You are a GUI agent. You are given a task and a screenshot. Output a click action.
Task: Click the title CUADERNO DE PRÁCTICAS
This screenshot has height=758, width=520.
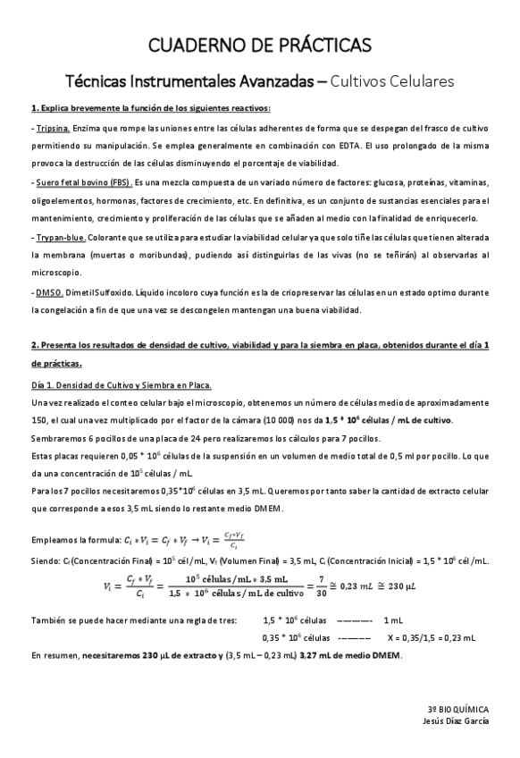point(260,44)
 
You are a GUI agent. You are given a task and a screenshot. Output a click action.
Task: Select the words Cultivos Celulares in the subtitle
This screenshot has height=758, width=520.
point(392,81)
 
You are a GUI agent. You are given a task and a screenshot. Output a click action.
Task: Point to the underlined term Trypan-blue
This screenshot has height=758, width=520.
point(61,237)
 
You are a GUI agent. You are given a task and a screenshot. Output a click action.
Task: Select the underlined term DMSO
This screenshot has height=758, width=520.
point(47,292)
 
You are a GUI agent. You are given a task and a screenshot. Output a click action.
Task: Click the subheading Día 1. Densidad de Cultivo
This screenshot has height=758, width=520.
point(121,385)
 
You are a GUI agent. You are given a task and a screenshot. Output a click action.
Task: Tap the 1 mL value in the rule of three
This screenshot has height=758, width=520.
point(393,620)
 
